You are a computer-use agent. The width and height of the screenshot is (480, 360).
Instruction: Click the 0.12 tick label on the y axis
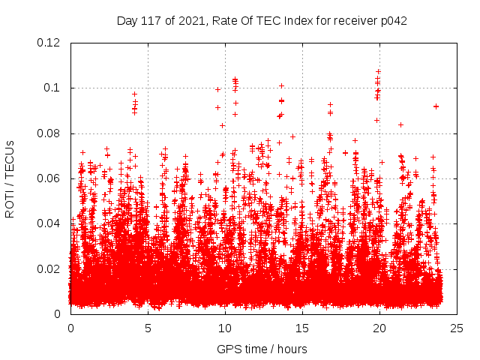point(49,43)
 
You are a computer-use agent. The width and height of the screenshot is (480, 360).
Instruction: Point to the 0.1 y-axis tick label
point(52,88)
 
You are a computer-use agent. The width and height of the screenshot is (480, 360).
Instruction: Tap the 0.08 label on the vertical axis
point(49,133)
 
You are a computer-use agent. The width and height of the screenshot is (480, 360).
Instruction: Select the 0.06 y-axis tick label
point(49,178)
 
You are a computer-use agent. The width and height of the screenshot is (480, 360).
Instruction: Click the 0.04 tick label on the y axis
point(49,223)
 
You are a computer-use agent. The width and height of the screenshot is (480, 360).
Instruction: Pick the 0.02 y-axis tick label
point(49,268)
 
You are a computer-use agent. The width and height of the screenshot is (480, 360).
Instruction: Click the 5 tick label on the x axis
point(148,328)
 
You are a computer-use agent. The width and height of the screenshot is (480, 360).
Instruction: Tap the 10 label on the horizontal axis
point(225,328)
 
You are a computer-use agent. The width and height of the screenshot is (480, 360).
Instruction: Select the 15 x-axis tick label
point(302,328)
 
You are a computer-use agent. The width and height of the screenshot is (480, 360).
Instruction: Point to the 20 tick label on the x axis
point(379,328)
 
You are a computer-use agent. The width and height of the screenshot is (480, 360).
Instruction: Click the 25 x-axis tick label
point(457,328)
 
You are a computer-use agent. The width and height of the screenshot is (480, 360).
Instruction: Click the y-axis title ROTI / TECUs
point(10,178)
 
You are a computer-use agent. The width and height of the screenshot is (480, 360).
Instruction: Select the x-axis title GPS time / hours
point(263,349)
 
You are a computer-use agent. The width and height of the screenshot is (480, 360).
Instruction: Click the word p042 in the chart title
point(393,20)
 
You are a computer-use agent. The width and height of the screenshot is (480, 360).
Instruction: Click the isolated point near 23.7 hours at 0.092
point(436,106)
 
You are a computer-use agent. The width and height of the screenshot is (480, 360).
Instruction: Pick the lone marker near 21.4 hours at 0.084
point(400,124)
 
